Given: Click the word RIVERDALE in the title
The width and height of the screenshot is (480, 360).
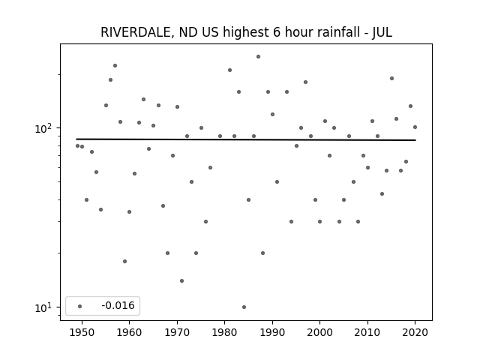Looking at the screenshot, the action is (x=135, y=32).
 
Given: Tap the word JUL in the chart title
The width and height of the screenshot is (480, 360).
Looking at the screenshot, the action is (x=382, y=32).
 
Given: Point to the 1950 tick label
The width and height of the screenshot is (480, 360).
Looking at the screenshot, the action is (x=82, y=332).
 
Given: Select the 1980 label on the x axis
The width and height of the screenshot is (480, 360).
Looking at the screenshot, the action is (x=224, y=332).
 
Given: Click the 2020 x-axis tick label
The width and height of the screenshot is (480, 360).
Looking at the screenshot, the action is (x=415, y=332).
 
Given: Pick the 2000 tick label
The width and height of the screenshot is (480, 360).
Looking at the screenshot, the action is (x=320, y=332).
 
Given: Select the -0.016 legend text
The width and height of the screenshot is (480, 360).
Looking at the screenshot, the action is (x=118, y=305).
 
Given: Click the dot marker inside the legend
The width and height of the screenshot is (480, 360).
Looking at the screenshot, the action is (x=80, y=306).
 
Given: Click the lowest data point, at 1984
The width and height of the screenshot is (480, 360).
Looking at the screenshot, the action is (x=244, y=307).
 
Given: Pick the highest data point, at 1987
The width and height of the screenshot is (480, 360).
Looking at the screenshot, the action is (x=258, y=57).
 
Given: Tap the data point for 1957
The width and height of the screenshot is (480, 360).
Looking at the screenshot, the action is (x=115, y=65).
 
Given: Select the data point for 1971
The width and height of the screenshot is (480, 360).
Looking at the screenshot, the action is (x=181, y=280).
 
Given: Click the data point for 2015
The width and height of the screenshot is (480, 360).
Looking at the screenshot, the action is (x=391, y=78).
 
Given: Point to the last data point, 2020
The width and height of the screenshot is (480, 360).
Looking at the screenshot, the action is (x=415, y=127).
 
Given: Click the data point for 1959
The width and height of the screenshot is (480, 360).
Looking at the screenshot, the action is (x=125, y=261).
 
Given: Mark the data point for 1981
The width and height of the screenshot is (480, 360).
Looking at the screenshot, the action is (x=230, y=70).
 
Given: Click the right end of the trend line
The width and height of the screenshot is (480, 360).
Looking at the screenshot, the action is (x=415, y=140).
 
